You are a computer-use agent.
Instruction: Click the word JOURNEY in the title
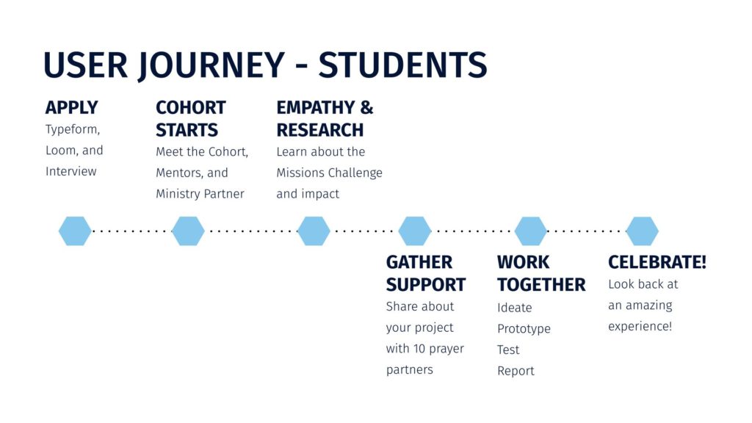pos(211,65)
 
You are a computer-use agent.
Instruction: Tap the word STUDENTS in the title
pos(403,65)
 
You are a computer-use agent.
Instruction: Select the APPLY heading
pos(72,107)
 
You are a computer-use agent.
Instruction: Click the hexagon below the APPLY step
pos(75,231)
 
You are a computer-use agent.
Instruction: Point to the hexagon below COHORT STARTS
pos(188,231)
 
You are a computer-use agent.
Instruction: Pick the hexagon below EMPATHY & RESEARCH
pos(314,231)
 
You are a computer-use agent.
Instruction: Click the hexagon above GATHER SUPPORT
pos(415,231)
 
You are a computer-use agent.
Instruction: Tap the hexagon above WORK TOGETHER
pos(530,231)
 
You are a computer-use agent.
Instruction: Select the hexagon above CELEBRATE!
pos(642,231)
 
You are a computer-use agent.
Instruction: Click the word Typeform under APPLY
pos(73,130)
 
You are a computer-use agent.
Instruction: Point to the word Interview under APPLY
pos(71,171)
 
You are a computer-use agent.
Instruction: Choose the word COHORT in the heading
pos(191,107)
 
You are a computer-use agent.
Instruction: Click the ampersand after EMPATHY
pos(367,107)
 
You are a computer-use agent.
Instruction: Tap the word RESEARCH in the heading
pos(320,130)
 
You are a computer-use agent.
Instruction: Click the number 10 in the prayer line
pos(419,349)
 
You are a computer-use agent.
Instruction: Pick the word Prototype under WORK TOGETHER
pos(524,330)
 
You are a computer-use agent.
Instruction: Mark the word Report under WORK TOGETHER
pos(516,371)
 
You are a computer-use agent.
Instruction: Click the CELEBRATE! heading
pos(657,262)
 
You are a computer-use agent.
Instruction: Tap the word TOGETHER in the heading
pos(541,285)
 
